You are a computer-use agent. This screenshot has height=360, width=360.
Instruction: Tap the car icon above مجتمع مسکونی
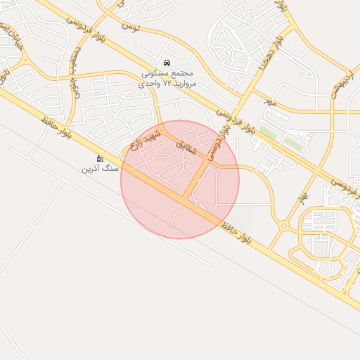[x=166, y=63]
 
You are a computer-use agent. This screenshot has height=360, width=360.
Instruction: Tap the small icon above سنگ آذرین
[x=100, y=159]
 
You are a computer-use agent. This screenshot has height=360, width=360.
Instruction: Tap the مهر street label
[x=271, y=103]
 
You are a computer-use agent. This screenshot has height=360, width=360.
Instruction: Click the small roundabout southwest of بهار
[x=283, y=226]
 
